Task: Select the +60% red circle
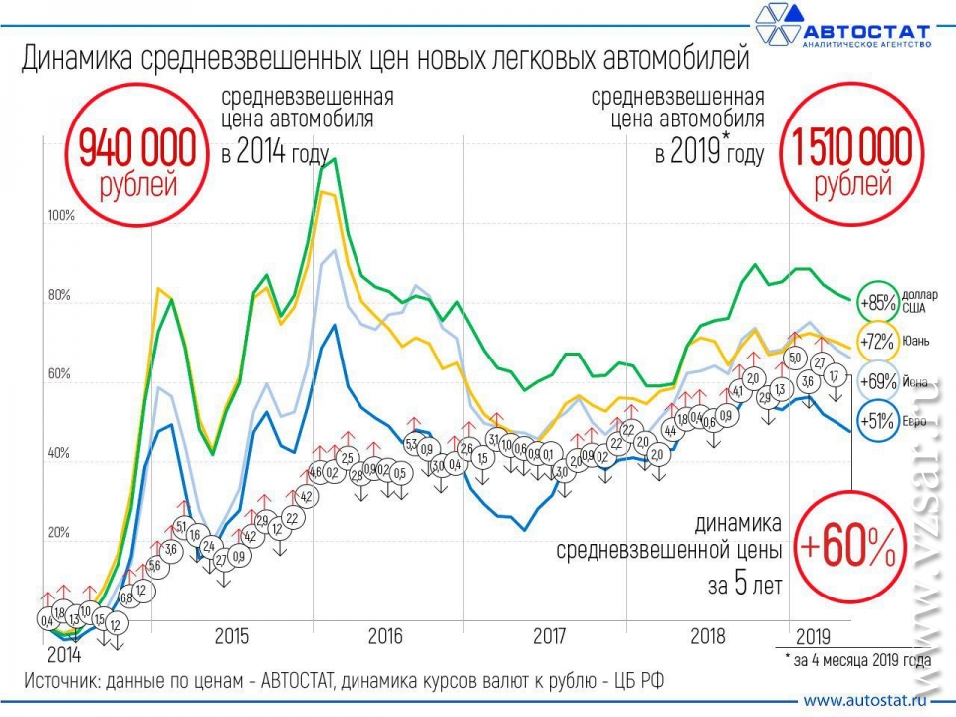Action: (849, 545)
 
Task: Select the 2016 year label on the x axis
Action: (384, 635)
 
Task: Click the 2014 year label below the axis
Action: (65, 656)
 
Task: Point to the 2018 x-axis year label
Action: (708, 635)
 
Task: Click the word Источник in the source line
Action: (66, 680)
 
